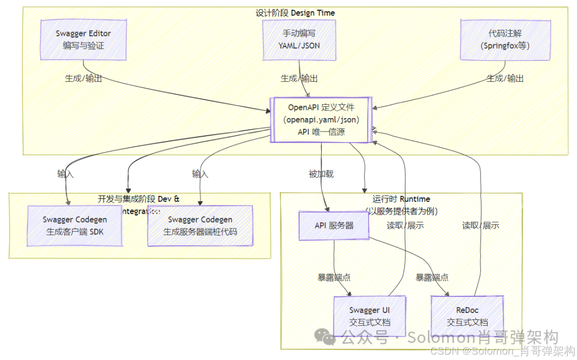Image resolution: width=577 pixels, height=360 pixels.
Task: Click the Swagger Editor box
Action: (83, 40)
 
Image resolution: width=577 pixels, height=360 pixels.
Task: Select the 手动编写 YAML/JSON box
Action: (299, 40)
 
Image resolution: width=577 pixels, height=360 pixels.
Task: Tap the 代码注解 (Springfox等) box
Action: (505, 40)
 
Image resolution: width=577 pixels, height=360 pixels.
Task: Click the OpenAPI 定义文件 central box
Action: (321, 120)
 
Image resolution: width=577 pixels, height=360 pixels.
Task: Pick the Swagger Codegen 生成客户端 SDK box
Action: (75, 225)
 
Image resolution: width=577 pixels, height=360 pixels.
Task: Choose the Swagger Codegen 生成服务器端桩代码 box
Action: (200, 226)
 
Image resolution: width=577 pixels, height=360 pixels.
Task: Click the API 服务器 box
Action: (334, 225)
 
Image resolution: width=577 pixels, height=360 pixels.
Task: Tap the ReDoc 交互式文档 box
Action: (467, 316)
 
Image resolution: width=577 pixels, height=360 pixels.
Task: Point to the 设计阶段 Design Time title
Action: (295, 13)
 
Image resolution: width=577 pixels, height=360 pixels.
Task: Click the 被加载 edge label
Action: (321, 174)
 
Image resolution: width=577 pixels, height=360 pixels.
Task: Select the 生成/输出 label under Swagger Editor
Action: (83, 79)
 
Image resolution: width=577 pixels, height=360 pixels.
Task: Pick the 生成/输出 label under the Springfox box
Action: (505, 79)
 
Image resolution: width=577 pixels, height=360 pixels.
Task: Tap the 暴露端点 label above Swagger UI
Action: (334, 278)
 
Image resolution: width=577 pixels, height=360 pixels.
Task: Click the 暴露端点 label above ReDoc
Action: (432, 278)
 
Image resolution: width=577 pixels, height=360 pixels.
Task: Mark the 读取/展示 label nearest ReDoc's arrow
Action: (480, 225)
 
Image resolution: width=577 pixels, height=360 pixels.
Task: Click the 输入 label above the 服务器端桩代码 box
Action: (200, 174)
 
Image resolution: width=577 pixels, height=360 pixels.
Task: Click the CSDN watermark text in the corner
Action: (502, 351)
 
